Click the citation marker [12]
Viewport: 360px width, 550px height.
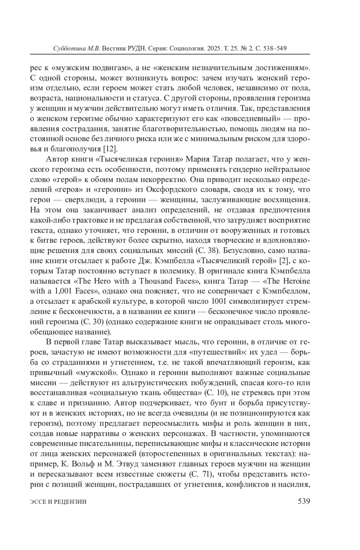pyautogui.click(x=110, y=149)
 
